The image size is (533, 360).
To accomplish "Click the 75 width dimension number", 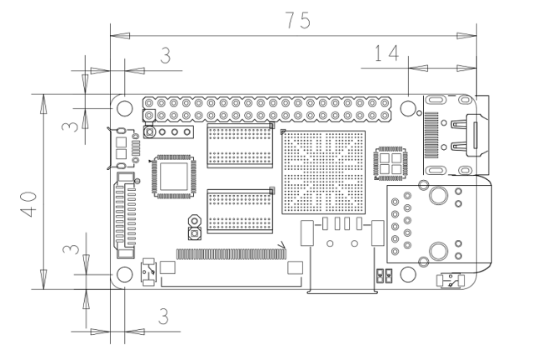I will pyautogui.click(x=295, y=21).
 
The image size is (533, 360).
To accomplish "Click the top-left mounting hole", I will pyautogui.click(x=125, y=108).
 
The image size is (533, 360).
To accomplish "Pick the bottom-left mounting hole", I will pyautogui.click(x=125, y=275).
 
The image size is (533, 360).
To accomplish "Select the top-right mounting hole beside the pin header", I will pyautogui.click(x=408, y=108).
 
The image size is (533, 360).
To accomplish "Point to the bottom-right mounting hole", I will pyautogui.click(x=408, y=275).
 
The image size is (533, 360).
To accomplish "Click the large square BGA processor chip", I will pyautogui.click(x=324, y=171).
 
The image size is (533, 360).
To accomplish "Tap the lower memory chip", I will pyautogui.click(x=240, y=211).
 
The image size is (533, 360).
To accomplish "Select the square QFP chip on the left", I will pyautogui.click(x=172, y=175).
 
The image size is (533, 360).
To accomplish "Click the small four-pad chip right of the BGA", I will pyautogui.click(x=390, y=163).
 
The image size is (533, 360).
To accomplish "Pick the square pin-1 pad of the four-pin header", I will pyautogui.click(x=150, y=132).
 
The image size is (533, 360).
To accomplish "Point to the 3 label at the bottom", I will pyautogui.click(x=163, y=317).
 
